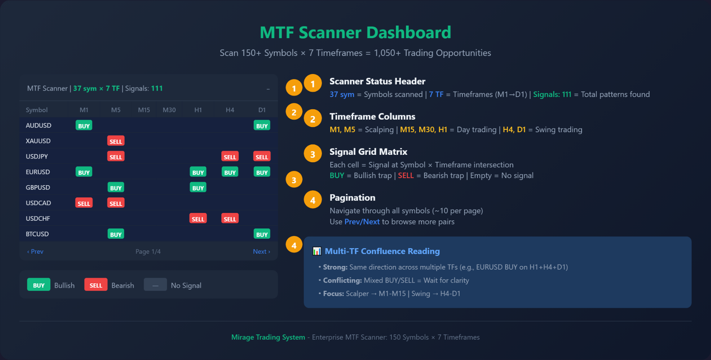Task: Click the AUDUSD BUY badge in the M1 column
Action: (x=84, y=126)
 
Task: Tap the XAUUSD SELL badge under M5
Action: (x=116, y=141)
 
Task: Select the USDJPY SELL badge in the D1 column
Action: (x=262, y=157)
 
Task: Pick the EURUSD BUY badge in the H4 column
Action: (x=230, y=172)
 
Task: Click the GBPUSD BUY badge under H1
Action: (x=198, y=188)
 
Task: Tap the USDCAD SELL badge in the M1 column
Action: (x=84, y=203)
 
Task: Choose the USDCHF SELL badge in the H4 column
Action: (x=230, y=219)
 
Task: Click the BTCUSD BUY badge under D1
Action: (x=262, y=234)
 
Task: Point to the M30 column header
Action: (x=169, y=110)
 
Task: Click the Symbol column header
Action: (x=37, y=110)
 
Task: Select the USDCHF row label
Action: (x=38, y=219)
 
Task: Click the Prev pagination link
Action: (x=35, y=251)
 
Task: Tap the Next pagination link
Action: (x=261, y=251)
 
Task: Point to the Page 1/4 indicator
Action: (x=148, y=251)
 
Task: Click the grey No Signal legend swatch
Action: (x=155, y=285)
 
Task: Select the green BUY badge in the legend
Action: (x=39, y=285)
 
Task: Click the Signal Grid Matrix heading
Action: (x=368, y=152)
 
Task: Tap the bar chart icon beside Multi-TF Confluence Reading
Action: (x=317, y=251)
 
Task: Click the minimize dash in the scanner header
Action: (x=268, y=89)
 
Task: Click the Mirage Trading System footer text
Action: (x=268, y=337)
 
